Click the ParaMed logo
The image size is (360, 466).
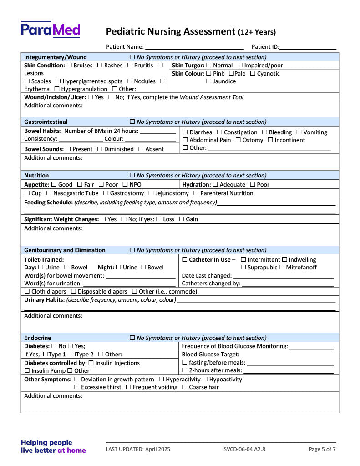[x=51, y=30]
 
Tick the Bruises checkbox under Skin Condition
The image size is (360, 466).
[x=69, y=66]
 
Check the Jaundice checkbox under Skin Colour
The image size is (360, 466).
[x=209, y=81]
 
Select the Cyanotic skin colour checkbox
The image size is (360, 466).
[x=253, y=74]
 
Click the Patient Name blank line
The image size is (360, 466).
[x=194, y=47]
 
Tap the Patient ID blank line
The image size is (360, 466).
[x=308, y=47]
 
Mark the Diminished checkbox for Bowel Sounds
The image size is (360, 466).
[x=100, y=149]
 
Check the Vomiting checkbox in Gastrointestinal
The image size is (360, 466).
[x=299, y=132]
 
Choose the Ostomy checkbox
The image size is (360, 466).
[x=238, y=140]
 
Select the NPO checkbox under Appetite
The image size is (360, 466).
[x=125, y=185]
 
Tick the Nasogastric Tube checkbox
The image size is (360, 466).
[x=49, y=193]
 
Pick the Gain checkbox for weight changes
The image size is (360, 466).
[x=181, y=219]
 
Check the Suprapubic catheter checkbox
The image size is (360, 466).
[x=243, y=268]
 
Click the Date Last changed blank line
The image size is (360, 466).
[x=283, y=276]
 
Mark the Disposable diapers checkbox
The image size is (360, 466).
[x=73, y=292]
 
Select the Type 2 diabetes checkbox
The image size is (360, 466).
[x=73, y=355]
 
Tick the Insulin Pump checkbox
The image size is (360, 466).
[x=27, y=371]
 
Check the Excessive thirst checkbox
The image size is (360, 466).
[x=77, y=387]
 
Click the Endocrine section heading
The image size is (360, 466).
[x=38, y=338]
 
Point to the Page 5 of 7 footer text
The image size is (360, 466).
[x=322, y=449]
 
